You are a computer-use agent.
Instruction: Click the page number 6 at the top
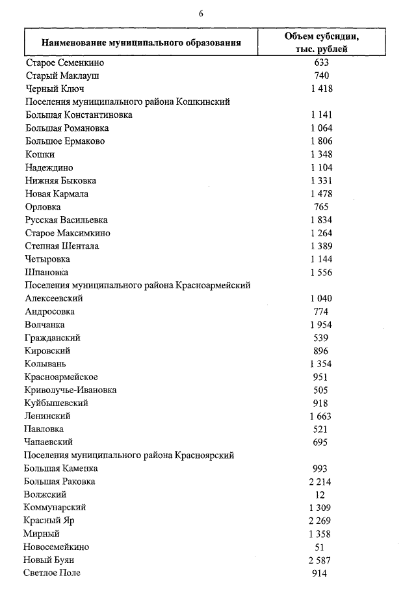click(x=201, y=14)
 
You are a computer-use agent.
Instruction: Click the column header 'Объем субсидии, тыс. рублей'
click(x=321, y=42)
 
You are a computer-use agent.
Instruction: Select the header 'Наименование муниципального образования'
click(x=141, y=43)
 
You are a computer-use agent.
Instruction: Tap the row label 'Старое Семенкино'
click(x=65, y=63)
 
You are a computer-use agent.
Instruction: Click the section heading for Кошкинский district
click(x=127, y=102)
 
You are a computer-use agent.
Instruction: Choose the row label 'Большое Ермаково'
click(x=65, y=141)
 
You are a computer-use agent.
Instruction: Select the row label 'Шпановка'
click(x=46, y=272)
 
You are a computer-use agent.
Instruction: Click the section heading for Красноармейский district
click(x=138, y=285)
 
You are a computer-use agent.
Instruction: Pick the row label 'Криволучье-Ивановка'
click(x=71, y=390)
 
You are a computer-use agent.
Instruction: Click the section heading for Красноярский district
click(x=129, y=455)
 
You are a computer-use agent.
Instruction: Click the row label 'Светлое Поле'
click(x=53, y=573)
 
